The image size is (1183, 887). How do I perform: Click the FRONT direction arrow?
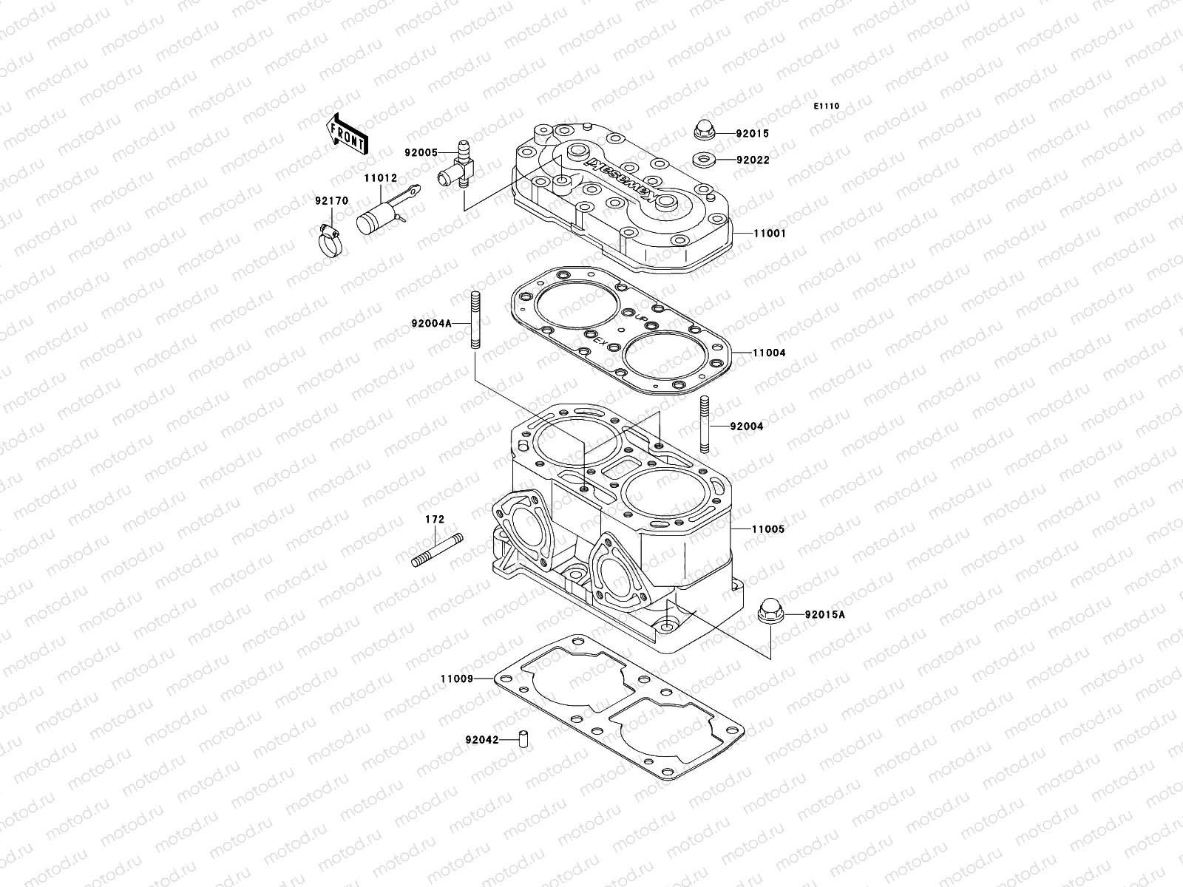(357, 133)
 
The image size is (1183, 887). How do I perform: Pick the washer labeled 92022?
(703, 159)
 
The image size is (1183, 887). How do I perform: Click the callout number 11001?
(769, 234)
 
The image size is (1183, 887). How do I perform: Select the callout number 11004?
(769, 353)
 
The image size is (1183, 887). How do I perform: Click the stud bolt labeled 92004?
(705, 426)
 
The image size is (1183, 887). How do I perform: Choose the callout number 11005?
(769, 530)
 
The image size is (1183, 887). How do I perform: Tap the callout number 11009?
(456, 679)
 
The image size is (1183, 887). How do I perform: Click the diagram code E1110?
(827, 106)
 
